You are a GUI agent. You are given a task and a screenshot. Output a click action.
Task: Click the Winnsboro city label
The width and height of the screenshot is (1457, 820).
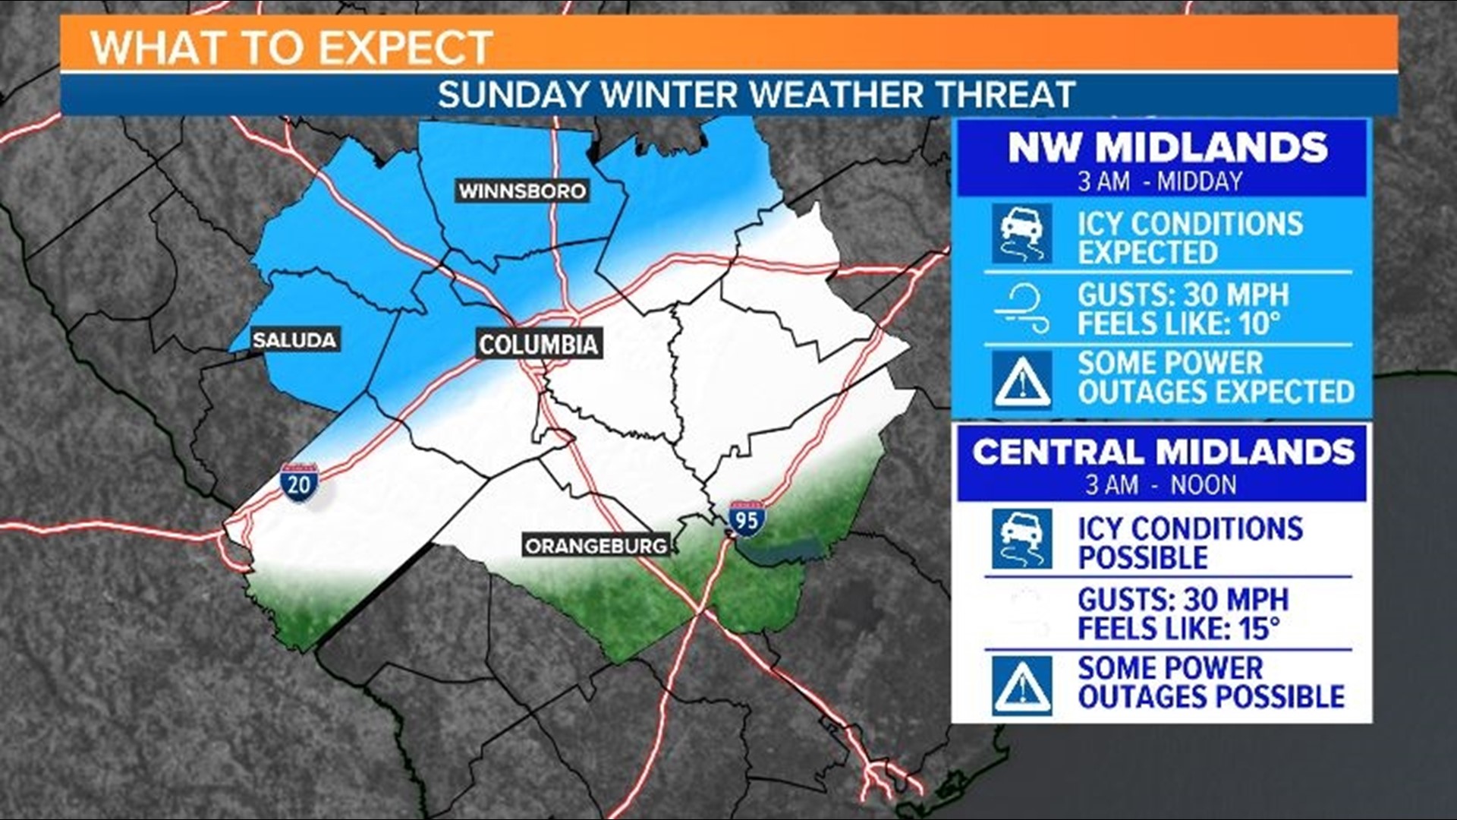click(522, 191)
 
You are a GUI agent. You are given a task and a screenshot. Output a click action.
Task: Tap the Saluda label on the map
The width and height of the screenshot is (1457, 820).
click(294, 339)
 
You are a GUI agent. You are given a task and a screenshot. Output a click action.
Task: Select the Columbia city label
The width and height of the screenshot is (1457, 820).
click(538, 345)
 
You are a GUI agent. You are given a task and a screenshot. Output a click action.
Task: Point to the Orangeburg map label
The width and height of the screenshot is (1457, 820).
click(596, 545)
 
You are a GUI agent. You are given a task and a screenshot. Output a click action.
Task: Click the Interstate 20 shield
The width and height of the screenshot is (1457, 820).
click(299, 483)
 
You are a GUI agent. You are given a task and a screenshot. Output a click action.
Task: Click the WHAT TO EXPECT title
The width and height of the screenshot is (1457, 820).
click(291, 47)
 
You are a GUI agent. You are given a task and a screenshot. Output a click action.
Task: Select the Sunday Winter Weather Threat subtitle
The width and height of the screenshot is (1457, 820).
click(756, 95)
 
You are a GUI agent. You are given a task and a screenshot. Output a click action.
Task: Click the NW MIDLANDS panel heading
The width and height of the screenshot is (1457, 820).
click(1167, 147)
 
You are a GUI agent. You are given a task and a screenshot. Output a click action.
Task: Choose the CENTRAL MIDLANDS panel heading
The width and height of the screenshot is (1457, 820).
click(1163, 453)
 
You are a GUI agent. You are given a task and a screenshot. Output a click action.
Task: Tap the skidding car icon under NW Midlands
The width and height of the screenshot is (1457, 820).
click(1022, 233)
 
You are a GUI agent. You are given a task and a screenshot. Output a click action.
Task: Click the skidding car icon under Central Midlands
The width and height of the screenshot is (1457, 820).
click(1022, 539)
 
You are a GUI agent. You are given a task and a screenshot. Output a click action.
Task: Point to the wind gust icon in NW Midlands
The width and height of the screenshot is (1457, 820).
click(1022, 308)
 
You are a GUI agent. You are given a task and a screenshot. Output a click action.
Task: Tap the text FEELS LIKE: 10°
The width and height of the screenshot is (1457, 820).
click(1179, 324)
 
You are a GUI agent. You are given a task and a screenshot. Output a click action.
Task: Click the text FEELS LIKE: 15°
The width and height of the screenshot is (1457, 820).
click(1179, 629)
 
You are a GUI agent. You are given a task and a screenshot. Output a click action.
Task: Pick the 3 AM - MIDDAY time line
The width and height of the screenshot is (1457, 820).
click(1160, 181)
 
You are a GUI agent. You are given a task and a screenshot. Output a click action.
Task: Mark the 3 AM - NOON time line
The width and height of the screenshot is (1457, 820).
click(1160, 484)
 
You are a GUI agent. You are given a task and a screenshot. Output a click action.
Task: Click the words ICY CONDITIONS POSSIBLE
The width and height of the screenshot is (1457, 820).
click(1189, 543)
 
